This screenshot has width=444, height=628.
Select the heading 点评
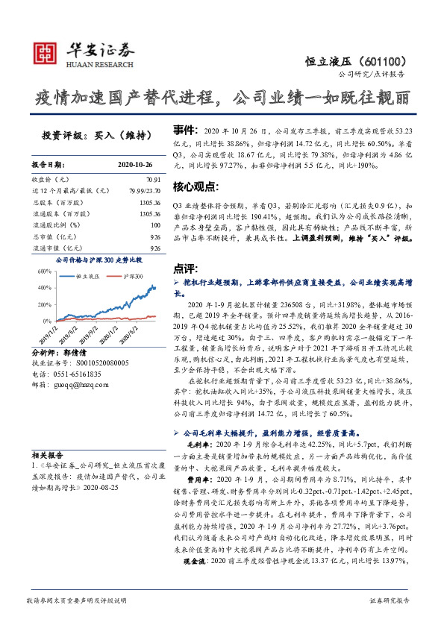click(184, 267)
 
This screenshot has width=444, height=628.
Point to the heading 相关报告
click(48, 454)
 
